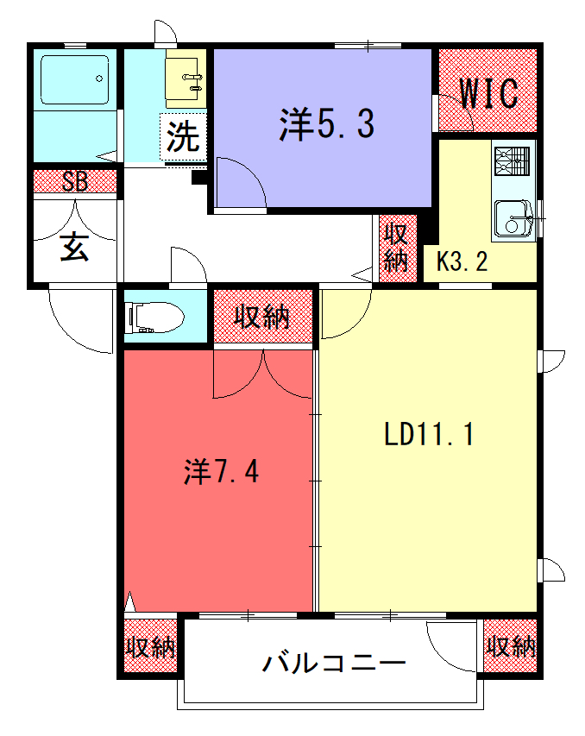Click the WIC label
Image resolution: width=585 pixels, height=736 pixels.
point(488,93)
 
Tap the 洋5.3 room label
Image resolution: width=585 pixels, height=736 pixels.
point(327,123)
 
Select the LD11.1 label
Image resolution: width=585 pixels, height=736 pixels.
point(429,434)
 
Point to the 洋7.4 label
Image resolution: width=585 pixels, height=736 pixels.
point(221,471)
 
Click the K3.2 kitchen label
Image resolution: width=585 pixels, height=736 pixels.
point(462,261)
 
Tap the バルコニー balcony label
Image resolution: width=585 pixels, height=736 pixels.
point(334,663)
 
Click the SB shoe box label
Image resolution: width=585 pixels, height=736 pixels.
point(75,182)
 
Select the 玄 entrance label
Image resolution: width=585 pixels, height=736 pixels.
point(74,248)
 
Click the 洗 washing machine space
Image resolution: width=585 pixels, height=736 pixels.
point(183,136)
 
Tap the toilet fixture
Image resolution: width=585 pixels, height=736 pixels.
point(154,318)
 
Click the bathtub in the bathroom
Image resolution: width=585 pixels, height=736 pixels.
point(75,79)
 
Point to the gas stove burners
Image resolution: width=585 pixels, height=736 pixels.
point(513,161)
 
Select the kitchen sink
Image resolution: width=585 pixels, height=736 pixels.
point(513,219)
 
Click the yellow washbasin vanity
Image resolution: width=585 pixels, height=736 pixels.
point(186,79)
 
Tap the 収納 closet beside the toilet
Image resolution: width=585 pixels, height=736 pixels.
point(263,317)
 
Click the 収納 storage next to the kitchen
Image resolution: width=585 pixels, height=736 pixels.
point(398,248)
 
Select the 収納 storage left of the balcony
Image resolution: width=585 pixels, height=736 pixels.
point(150,646)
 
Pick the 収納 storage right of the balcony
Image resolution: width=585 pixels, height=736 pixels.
point(510,646)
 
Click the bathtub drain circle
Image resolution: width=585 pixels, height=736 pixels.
point(99,79)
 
